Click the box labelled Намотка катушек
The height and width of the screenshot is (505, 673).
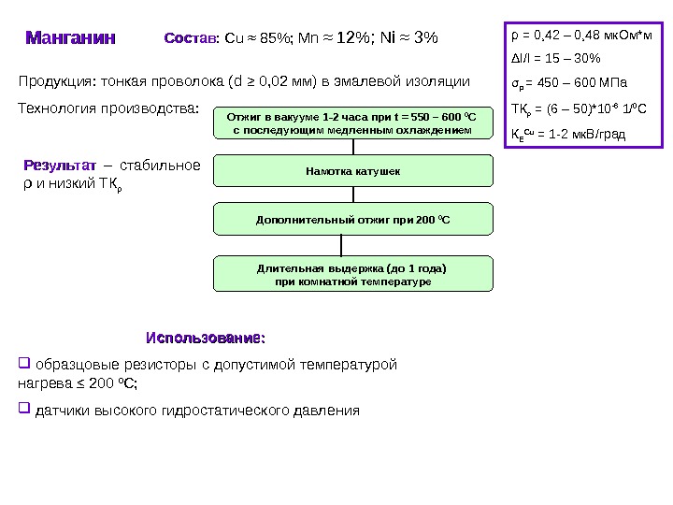click(x=353, y=172)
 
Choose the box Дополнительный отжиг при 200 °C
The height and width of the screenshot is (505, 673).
click(x=353, y=220)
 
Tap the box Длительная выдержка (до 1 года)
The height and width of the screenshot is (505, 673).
click(x=353, y=274)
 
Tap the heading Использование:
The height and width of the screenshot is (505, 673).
click(x=206, y=336)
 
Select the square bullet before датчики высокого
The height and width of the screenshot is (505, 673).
click(x=25, y=409)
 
